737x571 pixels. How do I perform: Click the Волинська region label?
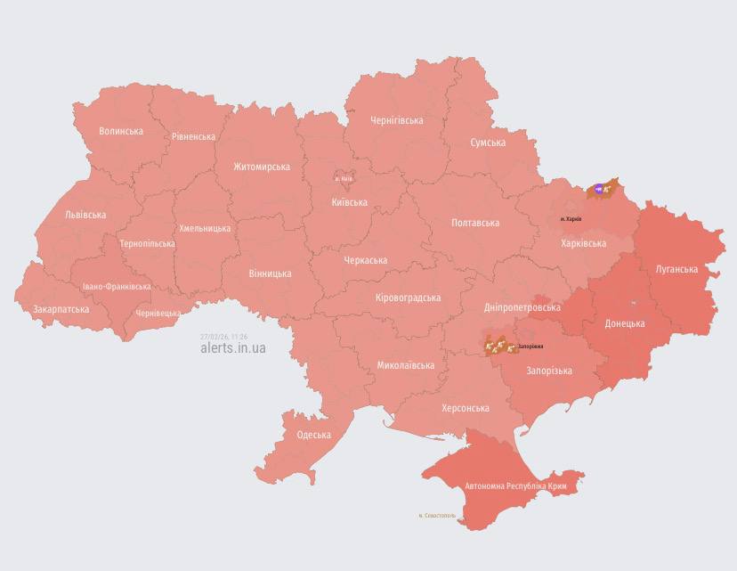click(x=121, y=131)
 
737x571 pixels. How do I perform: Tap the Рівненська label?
click(x=193, y=136)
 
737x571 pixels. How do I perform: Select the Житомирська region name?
click(x=262, y=167)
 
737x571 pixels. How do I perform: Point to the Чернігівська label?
click(x=396, y=120)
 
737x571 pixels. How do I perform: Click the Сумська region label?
click(x=488, y=143)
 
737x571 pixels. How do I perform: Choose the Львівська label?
click(x=85, y=215)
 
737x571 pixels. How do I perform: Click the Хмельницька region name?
click(x=205, y=228)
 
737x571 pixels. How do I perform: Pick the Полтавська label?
click(x=475, y=223)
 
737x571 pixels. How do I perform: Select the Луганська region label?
click(x=676, y=268)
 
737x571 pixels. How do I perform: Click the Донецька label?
click(x=625, y=323)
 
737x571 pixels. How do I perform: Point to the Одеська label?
click(x=313, y=435)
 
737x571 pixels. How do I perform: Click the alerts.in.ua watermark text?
click(x=233, y=348)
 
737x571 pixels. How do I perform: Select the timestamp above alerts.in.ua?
click(x=224, y=337)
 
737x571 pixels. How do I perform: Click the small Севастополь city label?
click(x=437, y=515)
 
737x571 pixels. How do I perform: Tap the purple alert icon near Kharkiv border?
click(x=599, y=188)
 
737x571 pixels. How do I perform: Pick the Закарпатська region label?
click(x=61, y=309)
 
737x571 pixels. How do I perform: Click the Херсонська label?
click(x=466, y=408)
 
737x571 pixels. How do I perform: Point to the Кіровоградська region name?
click(x=408, y=298)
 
